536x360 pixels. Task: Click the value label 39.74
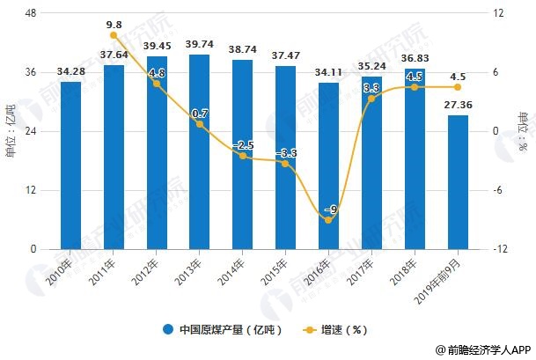[x=200, y=44]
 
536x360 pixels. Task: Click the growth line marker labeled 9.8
[x=114, y=35]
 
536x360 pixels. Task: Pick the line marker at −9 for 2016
[x=328, y=219]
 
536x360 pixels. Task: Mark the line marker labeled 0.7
[x=200, y=124]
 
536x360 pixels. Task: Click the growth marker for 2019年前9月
[x=457, y=87]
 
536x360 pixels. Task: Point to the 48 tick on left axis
[x=29, y=13]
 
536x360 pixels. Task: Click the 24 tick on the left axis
[x=29, y=131]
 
